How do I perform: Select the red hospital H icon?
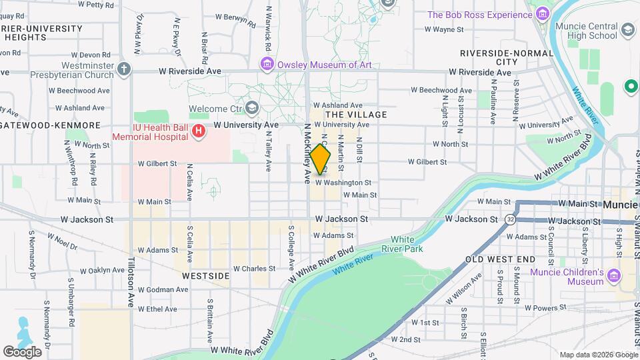(198, 132)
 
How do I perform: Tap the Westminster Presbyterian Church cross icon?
(123, 68)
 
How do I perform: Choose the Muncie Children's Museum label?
(567, 277)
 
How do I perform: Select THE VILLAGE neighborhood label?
(355, 115)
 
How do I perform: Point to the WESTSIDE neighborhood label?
(206, 275)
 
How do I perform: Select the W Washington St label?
(343, 182)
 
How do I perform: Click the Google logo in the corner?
(22, 351)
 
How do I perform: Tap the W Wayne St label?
(448, 29)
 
